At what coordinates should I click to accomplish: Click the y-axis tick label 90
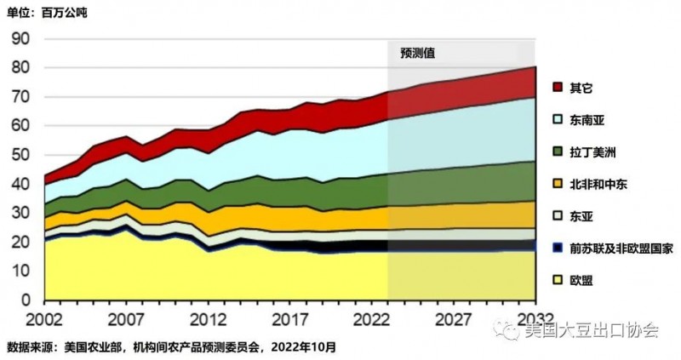click(20, 38)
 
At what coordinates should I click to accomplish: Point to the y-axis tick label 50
click(20, 155)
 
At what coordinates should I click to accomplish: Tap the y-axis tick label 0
click(26, 300)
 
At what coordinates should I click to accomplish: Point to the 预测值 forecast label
click(418, 52)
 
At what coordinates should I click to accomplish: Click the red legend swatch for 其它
click(558, 88)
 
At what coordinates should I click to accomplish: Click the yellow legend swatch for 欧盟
click(558, 280)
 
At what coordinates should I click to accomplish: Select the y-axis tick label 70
click(20, 97)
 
